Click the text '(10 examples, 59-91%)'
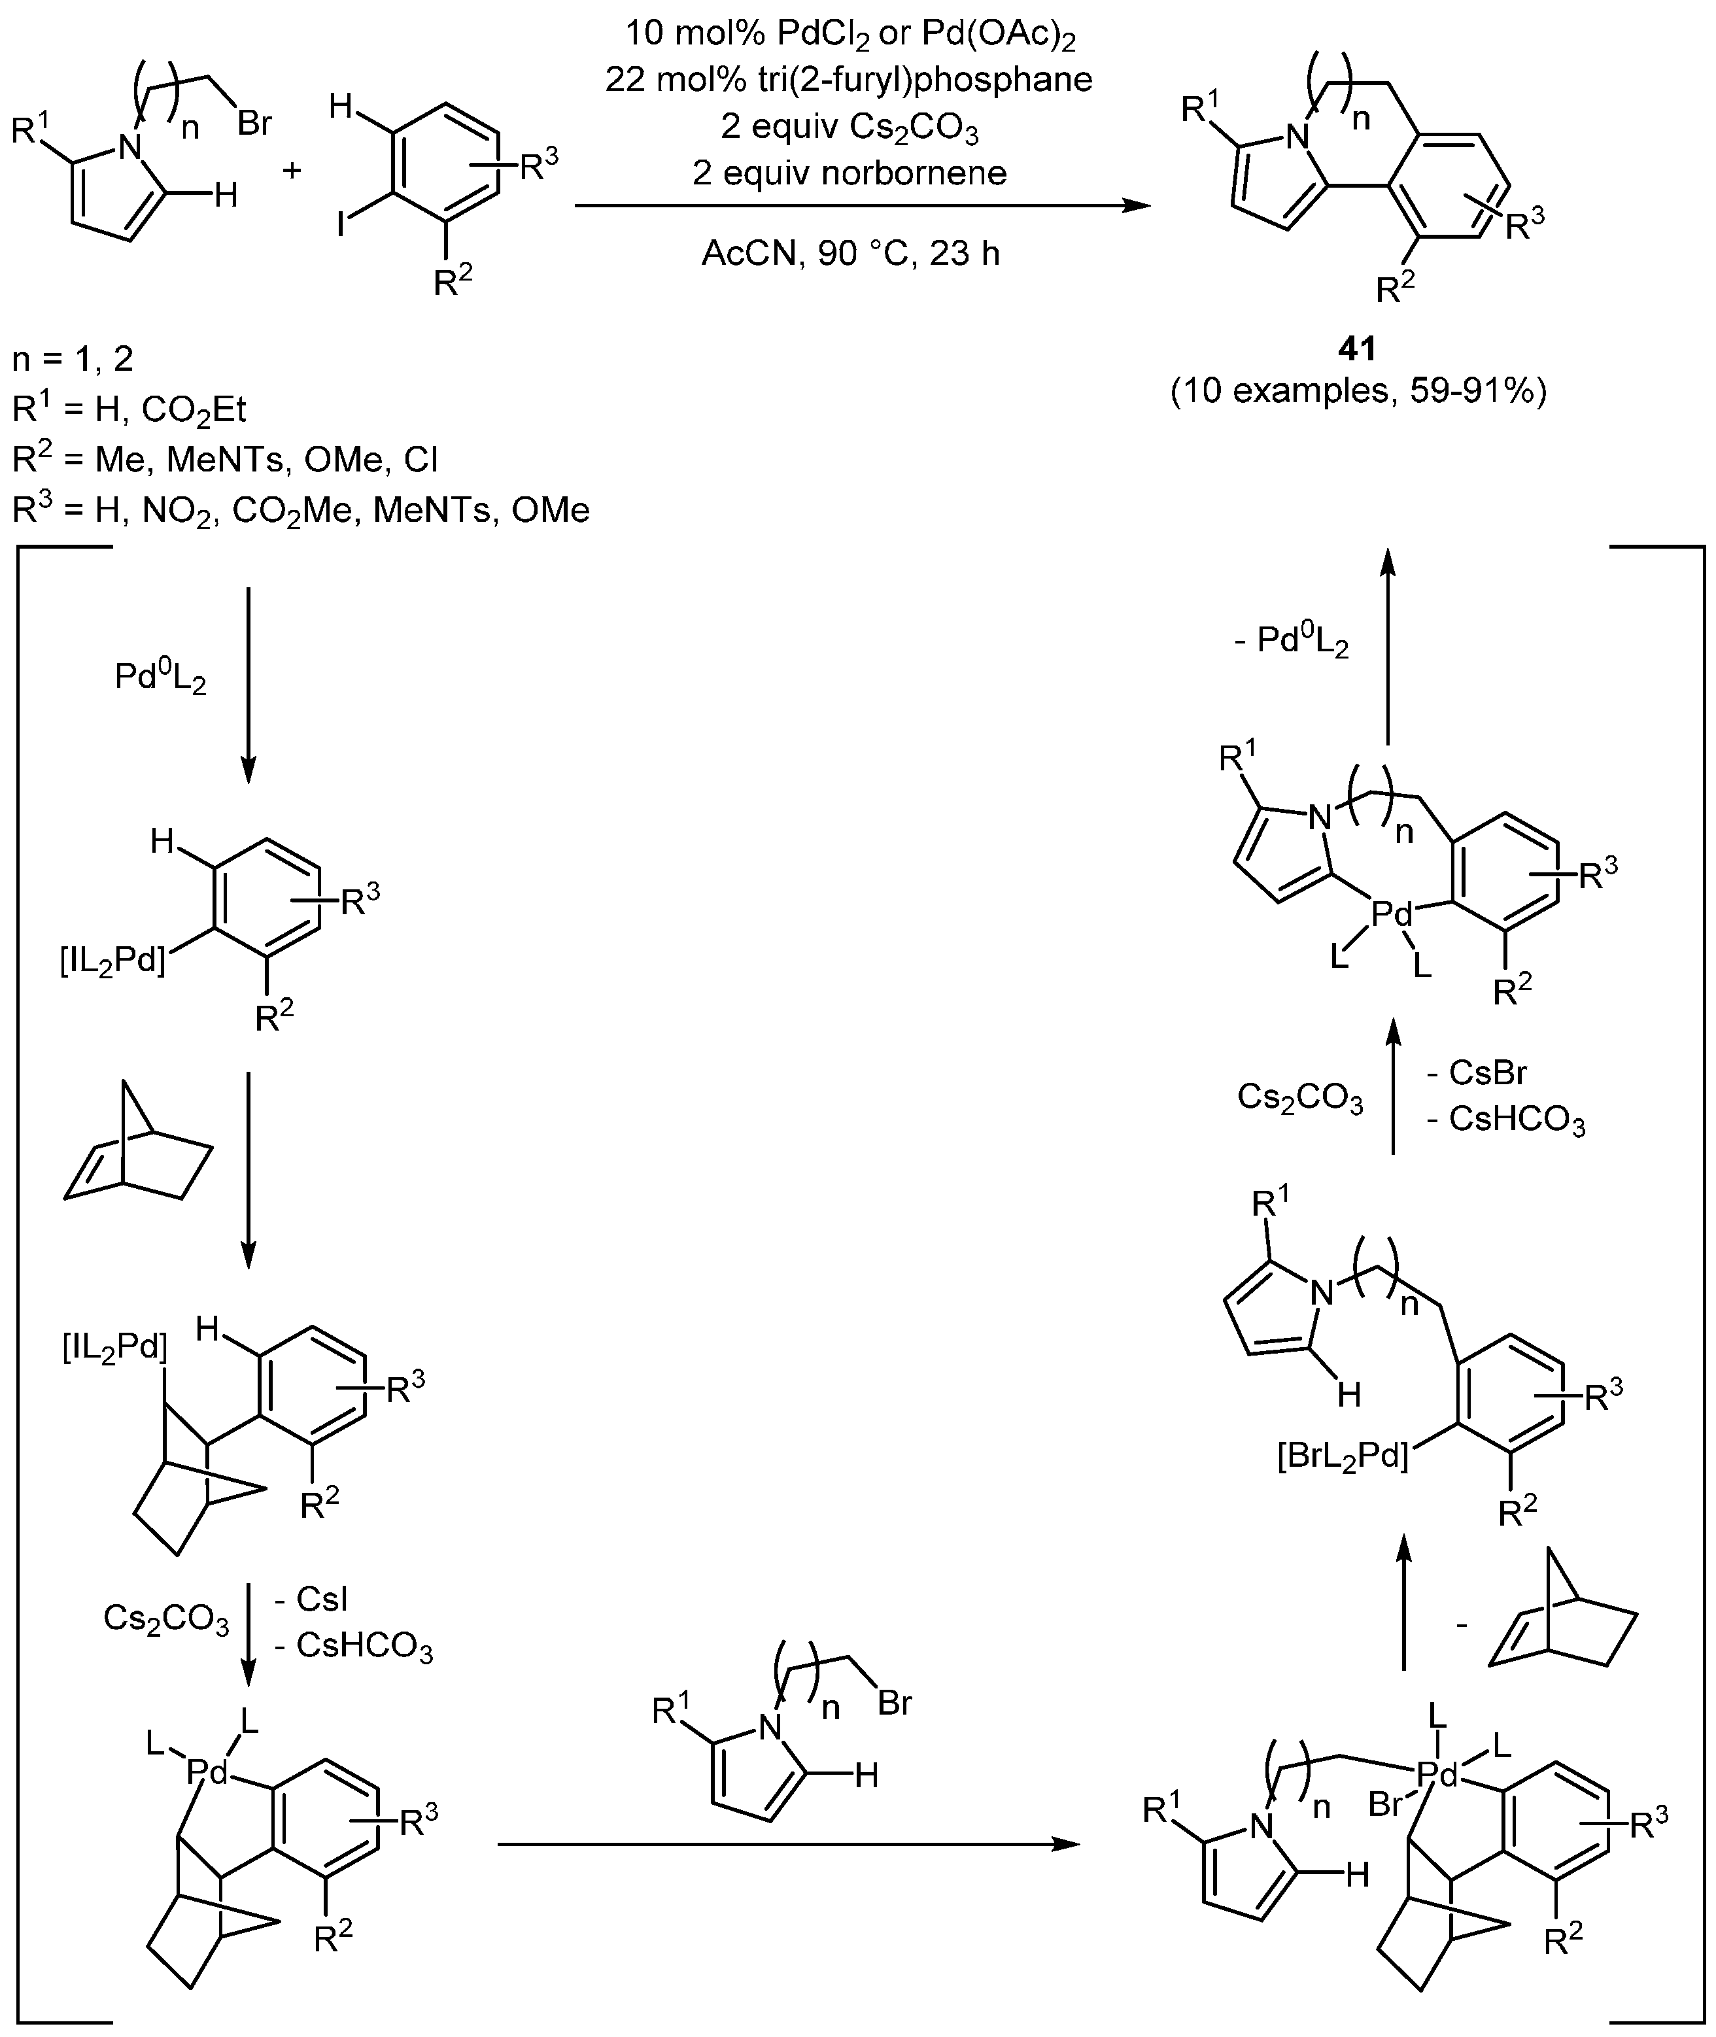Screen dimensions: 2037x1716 1358,391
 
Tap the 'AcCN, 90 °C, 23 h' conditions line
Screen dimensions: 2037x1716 851,253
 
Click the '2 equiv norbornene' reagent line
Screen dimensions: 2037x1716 849,173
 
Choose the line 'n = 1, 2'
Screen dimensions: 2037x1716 73,360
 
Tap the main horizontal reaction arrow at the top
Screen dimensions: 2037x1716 856,206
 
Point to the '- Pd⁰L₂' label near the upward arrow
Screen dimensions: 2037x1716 1291,643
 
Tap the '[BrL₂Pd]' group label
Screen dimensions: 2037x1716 1343,1458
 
